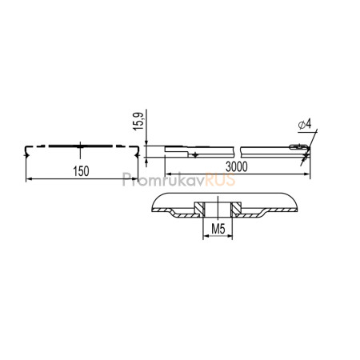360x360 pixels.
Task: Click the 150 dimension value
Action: point(81,171)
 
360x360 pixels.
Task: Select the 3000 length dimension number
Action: point(237,167)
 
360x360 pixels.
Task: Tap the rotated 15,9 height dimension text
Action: point(138,122)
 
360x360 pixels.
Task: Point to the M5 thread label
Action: point(218,229)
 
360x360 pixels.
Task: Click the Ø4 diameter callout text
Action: point(305,124)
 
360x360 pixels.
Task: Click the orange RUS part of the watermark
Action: point(220,179)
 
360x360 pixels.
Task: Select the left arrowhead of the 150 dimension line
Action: point(29,179)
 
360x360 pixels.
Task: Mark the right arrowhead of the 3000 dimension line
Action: point(307,174)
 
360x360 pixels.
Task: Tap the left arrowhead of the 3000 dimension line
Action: point(168,174)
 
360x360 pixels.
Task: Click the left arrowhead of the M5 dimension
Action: point(206,236)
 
